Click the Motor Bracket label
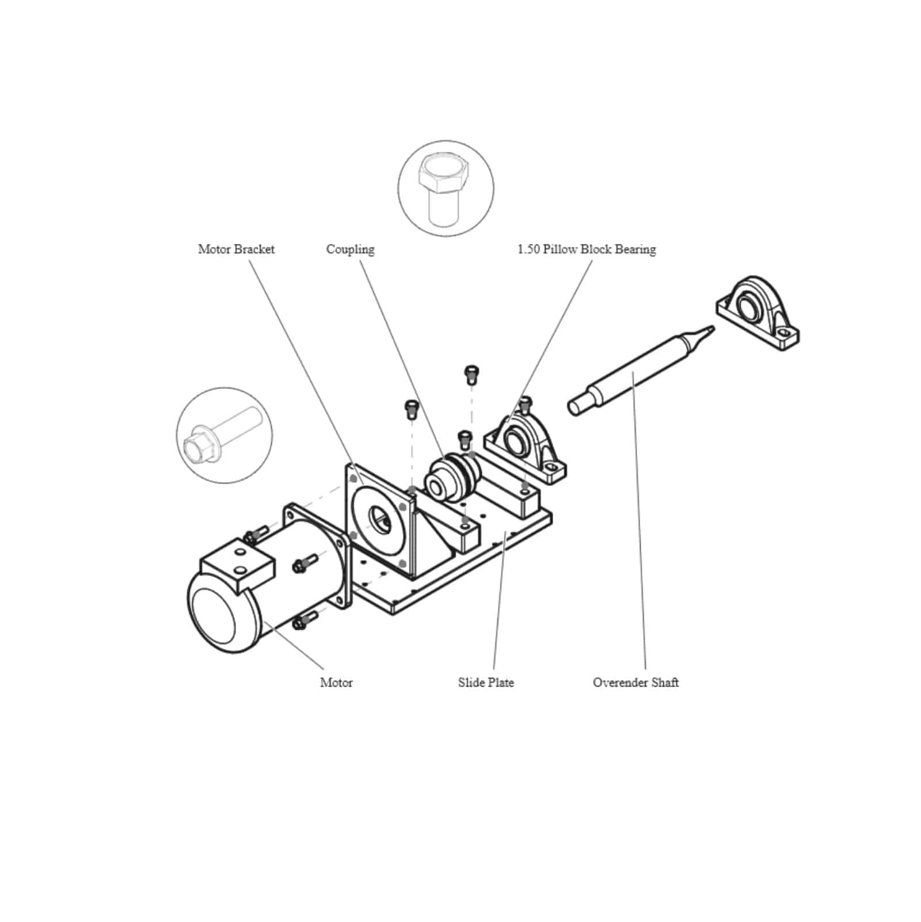236,249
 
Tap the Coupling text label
350,249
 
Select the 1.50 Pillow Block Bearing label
586,249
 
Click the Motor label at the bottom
336,683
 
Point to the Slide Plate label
486,683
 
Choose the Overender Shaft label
635,683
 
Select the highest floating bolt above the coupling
471,374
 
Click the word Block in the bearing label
596,249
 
